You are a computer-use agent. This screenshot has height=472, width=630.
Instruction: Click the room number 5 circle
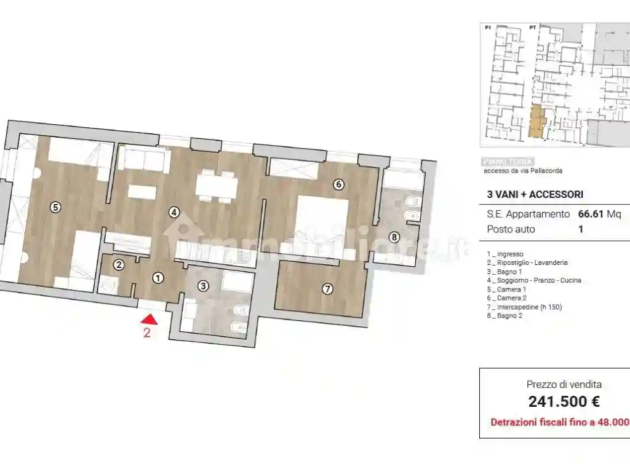tap(55, 207)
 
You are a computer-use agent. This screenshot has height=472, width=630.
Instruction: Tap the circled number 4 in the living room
tap(175, 213)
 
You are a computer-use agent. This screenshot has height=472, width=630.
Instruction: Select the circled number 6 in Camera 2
tap(337, 184)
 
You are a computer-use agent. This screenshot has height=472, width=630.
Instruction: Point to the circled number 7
tap(327, 288)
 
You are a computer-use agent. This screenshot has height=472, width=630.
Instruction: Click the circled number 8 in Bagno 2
tap(394, 237)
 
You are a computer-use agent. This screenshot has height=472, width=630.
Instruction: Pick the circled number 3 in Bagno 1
tap(204, 285)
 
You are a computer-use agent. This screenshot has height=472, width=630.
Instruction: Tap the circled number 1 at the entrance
tap(158, 278)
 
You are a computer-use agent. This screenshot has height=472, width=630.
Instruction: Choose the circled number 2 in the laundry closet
tap(119, 265)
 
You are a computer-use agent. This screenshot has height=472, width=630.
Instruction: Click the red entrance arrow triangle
tap(148, 319)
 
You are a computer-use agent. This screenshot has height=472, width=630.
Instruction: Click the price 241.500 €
tap(564, 402)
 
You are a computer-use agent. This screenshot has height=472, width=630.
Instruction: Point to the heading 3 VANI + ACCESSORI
tap(535, 195)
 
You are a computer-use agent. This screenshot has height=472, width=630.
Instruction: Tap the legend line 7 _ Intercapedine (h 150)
tap(524, 307)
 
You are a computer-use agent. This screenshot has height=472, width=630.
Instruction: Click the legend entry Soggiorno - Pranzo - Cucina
tap(533, 280)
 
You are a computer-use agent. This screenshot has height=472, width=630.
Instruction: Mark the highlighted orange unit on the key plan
tap(536, 121)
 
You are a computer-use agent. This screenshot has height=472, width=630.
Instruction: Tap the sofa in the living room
tap(145, 160)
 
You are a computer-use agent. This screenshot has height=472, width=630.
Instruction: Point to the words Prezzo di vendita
tap(564, 385)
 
